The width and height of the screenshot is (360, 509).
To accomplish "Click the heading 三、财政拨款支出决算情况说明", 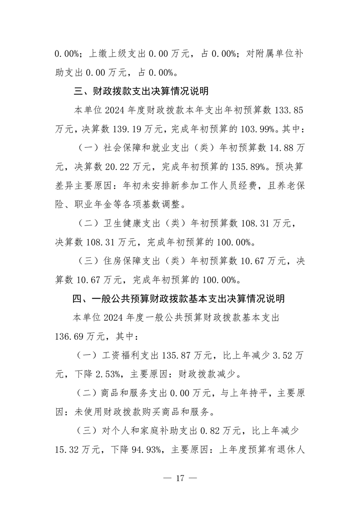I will coord(141,91).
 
